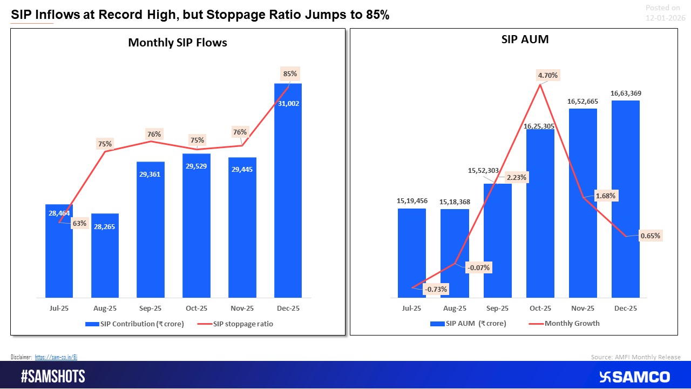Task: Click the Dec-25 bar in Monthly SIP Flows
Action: (x=288, y=205)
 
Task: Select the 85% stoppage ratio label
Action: (x=289, y=73)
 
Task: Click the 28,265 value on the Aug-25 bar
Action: (x=105, y=226)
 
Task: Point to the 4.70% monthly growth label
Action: (x=547, y=76)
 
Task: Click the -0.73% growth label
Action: (x=436, y=289)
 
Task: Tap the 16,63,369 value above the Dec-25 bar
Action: (x=626, y=93)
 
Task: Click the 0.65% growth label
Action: (x=650, y=236)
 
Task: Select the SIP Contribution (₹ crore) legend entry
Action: (x=134, y=324)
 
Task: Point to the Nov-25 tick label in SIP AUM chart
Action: (x=583, y=308)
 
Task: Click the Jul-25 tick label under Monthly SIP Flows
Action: (x=59, y=308)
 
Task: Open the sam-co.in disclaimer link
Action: (x=57, y=357)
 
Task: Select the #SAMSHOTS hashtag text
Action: (x=53, y=377)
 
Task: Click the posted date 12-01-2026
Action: (x=665, y=17)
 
